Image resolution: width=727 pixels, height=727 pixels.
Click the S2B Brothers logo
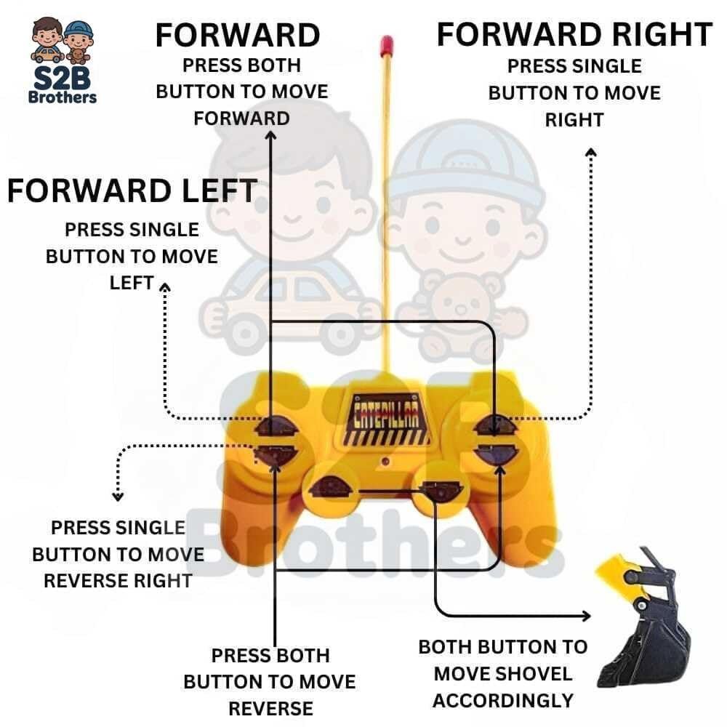point(63,60)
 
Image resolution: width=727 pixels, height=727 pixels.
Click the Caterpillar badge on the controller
point(386,419)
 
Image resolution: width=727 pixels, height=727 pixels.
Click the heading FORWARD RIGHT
point(574,34)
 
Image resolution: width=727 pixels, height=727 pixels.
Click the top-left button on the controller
point(276,426)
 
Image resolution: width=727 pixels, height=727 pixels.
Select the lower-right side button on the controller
point(496,454)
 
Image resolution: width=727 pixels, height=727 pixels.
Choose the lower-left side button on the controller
point(276,455)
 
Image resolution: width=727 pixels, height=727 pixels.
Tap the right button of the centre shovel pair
point(441,491)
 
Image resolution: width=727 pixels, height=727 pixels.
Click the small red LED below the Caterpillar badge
point(385,462)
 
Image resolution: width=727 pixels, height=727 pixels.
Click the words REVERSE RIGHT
point(118,580)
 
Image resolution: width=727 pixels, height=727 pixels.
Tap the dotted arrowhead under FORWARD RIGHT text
point(590,153)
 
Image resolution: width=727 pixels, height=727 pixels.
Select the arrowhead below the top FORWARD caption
point(270,135)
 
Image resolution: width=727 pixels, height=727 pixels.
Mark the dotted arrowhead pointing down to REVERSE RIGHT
point(118,497)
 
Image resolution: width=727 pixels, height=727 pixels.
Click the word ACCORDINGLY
point(503,701)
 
